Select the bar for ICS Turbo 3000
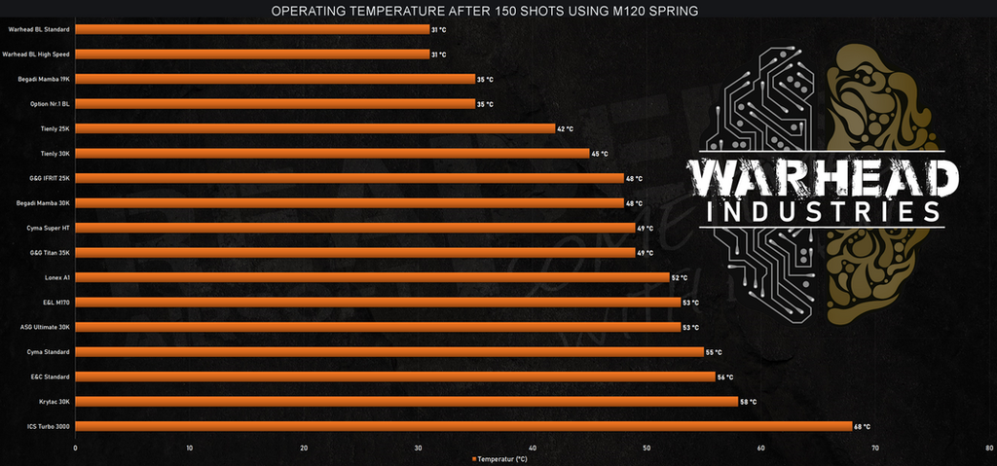462,426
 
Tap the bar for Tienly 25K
314,128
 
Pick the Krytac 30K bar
406,401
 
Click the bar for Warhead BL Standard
252,29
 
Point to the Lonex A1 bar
372,277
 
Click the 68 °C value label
862,426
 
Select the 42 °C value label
565,128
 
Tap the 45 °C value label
599,154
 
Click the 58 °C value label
748,401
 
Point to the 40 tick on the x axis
533,448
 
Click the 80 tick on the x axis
989,448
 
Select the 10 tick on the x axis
189,448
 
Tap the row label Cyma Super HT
48,228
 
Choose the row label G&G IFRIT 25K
50,178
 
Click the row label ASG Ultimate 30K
45,327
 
